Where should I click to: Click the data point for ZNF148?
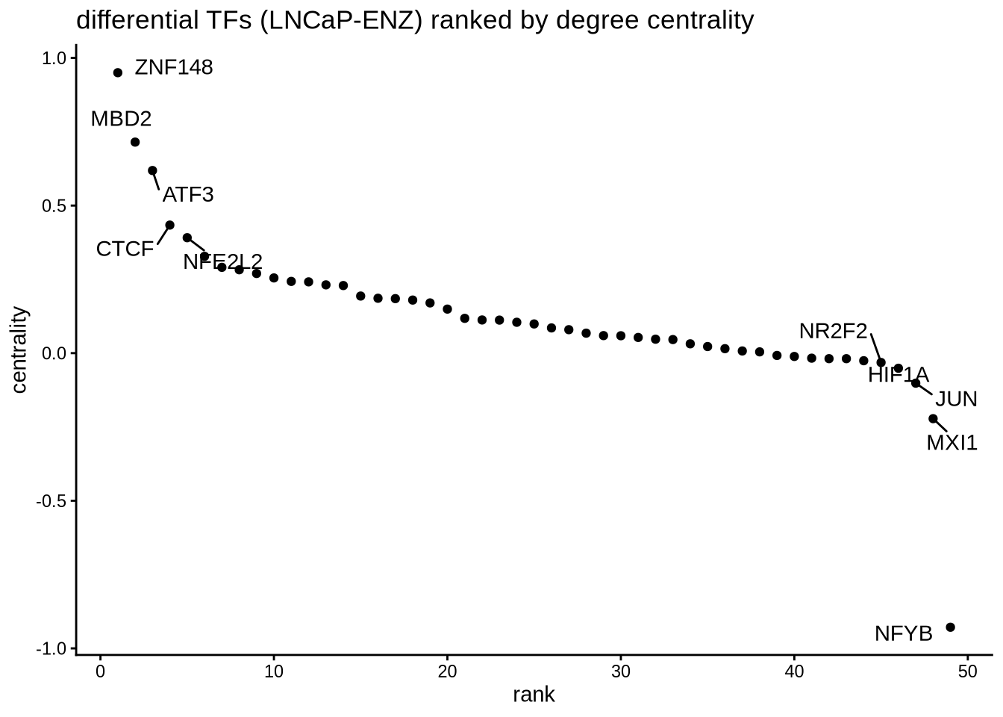(118, 72)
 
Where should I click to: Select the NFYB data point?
(950, 627)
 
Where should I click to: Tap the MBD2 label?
(121, 119)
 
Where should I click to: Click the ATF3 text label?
(188, 195)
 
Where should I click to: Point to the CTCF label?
(125, 249)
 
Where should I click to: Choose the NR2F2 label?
(833, 331)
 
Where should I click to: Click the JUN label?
(956, 399)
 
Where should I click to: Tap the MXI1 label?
(952, 443)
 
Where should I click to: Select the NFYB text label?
(903, 634)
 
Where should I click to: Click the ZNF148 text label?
(174, 68)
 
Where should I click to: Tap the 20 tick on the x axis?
(447, 671)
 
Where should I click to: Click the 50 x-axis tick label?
(967, 671)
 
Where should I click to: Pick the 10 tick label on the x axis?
(274, 671)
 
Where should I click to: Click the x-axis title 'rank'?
(534, 695)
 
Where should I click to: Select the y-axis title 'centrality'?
(19, 350)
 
